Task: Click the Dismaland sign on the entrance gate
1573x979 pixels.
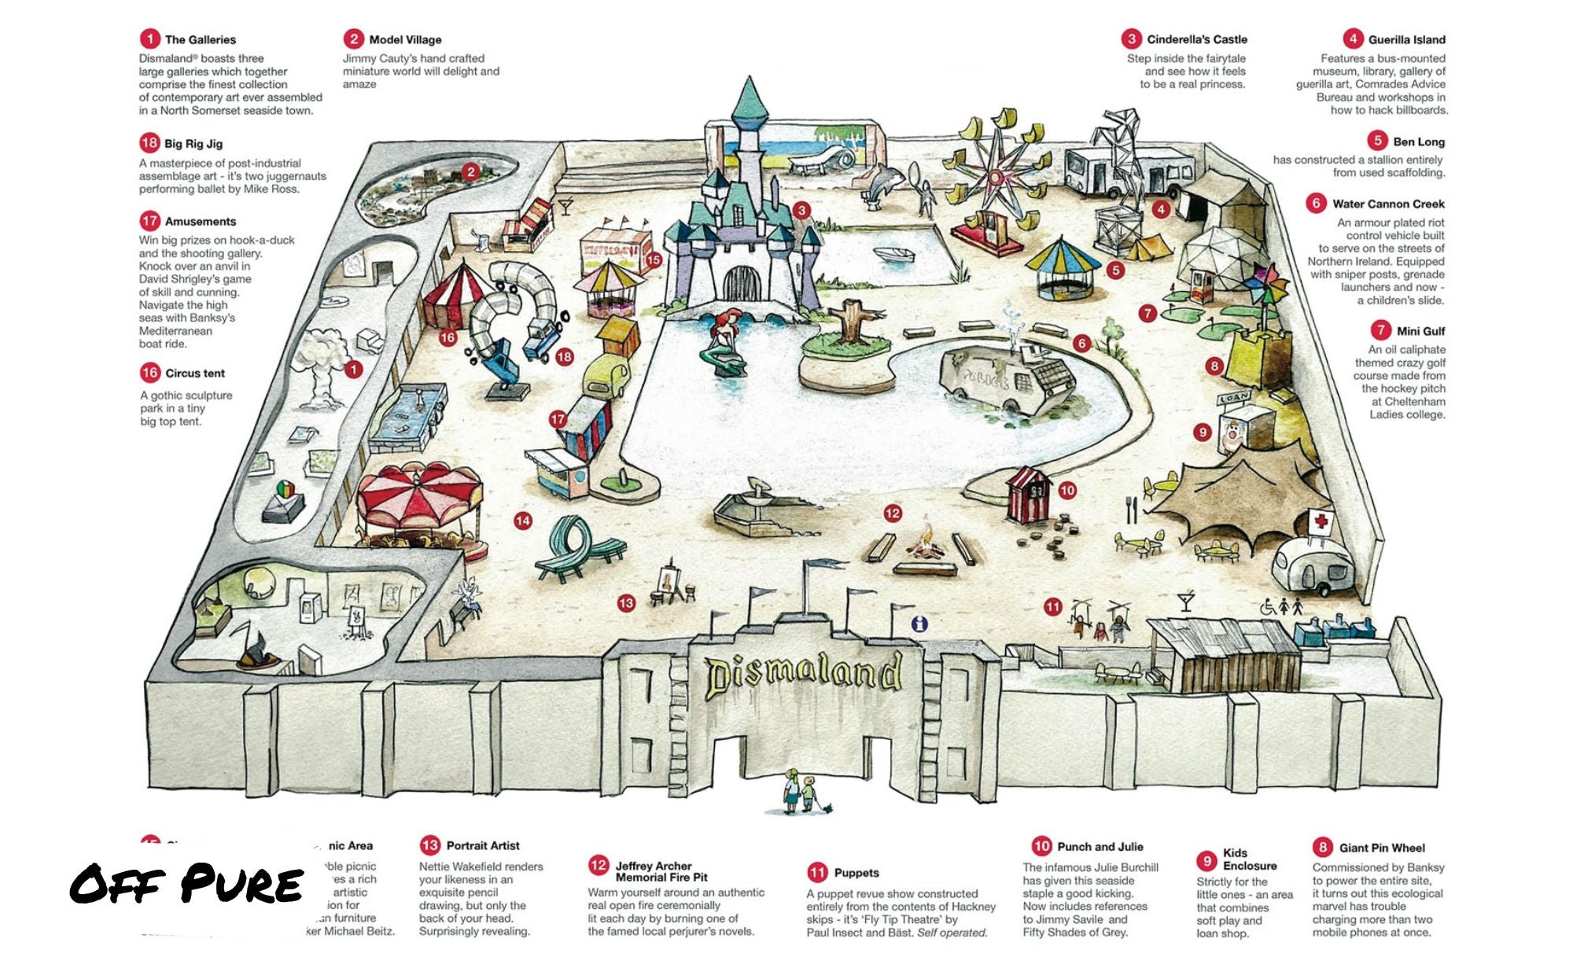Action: coord(802,675)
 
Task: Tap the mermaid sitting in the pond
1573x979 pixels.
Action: coord(725,343)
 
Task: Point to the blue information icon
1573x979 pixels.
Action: coord(919,624)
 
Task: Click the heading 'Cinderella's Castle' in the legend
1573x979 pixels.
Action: coord(1196,39)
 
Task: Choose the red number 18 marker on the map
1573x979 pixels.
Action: coord(565,357)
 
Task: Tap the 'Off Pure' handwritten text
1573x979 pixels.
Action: coord(187,884)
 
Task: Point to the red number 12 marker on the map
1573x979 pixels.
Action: coord(893,513)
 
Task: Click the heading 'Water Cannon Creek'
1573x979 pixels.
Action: coord(1388,204)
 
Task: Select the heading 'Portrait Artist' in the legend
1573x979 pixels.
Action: coord(483,845)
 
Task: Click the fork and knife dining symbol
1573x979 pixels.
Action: coord(1132,510)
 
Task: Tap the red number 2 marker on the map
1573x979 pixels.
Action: coord(471,172)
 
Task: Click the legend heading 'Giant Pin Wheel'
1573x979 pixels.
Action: coord(1382,848)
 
